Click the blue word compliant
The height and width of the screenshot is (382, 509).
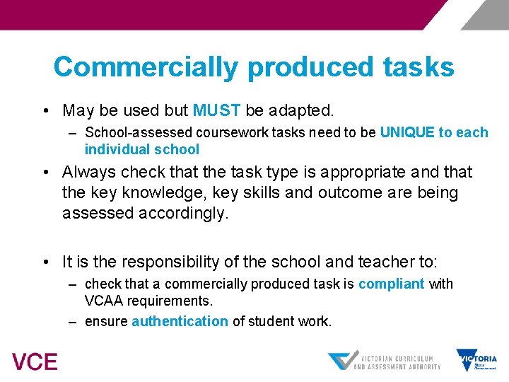click(392, 284)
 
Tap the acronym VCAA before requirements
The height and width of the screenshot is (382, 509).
click(105, 301)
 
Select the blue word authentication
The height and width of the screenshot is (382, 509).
click(180, 322)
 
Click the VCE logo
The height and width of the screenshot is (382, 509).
click(35, 361)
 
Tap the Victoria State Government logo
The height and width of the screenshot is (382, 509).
click(476, 360)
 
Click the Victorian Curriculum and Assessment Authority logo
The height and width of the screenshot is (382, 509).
click(385, 361)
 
